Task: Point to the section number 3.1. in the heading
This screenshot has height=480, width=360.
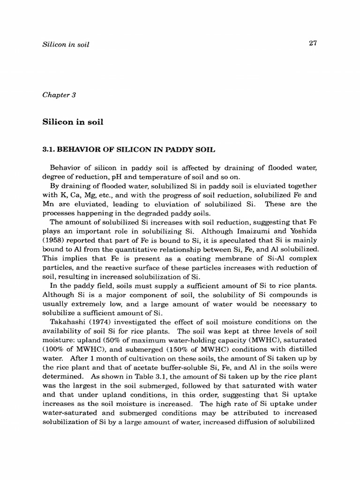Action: pyautogui.click(x=49, y=150)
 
